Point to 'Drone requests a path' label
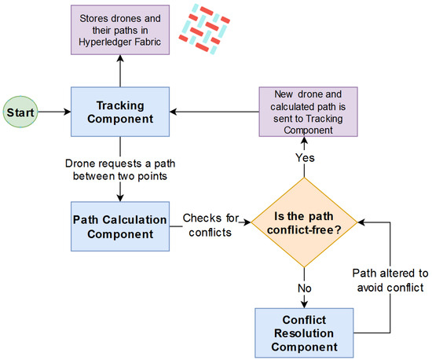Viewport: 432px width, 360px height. [x=119, y=166]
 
